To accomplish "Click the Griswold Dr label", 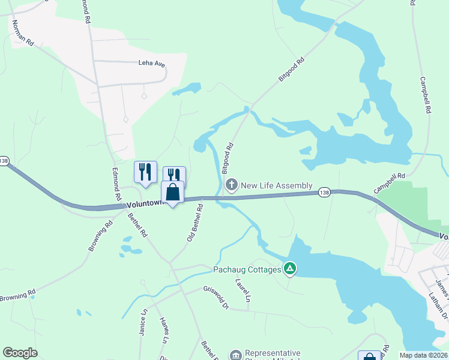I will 216,298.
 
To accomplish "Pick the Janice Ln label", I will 144,322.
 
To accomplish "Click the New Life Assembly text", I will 276,185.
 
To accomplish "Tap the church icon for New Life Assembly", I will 232,185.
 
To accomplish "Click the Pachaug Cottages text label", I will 247,269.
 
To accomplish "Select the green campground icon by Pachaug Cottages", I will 290,269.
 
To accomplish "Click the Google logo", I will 20,353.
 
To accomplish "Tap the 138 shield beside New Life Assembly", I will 324,191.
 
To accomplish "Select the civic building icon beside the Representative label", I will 235,355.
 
